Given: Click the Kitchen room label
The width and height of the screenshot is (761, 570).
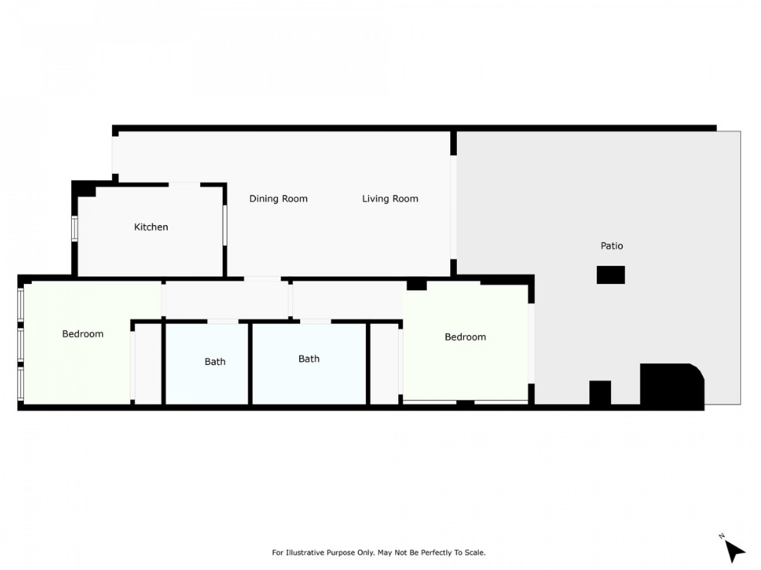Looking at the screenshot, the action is point(151,227).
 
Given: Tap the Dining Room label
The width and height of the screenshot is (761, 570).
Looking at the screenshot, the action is point(278,199).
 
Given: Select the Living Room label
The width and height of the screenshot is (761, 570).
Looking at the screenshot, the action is point(391,199).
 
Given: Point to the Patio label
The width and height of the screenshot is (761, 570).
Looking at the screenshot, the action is point(612,246).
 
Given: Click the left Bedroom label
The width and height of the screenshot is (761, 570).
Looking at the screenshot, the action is point(83,334).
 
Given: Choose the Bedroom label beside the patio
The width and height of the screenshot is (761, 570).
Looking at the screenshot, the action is point(465,337).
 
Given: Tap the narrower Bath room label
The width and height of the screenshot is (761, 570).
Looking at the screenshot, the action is point(215,362).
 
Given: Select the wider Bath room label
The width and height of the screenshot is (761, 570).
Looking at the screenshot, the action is point(309,359).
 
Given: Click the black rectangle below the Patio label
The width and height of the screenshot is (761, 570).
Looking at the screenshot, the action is point(610,275).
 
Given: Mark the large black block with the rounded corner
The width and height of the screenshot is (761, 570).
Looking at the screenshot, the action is point(672,387).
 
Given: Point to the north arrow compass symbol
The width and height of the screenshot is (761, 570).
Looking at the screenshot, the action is point(734,549).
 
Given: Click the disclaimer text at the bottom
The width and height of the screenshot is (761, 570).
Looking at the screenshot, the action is point(378,552).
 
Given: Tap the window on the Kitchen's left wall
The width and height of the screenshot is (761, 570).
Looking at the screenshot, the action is point(75,229).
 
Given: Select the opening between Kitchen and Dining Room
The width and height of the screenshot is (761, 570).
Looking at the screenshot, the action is point(225,225).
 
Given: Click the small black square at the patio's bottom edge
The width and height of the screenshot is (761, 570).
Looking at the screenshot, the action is point(600,393).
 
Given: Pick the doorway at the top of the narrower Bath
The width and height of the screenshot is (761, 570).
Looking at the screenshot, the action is point(223,322).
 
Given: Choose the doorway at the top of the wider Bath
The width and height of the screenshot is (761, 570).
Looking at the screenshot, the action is point(316,322).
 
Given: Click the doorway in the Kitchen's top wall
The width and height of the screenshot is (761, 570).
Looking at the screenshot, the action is point(184,185).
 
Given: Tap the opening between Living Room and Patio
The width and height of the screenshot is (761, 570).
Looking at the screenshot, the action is point(453,207).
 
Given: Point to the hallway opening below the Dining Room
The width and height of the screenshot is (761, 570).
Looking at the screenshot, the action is point(262,278).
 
